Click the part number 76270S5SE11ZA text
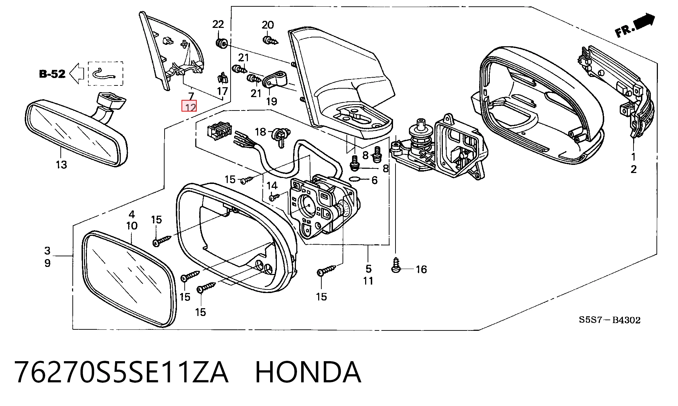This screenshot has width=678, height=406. (x=121, y=372)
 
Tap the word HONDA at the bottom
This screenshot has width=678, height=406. (x=308, y=372)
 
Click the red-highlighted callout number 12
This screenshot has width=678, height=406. (x=189, y=106)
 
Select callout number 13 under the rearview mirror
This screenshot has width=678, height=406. (x=61, y=165)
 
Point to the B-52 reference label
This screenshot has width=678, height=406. (x=52, y=74)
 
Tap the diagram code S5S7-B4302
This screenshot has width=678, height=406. (x=609, y=320)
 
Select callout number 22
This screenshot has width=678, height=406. (x=218, y=24)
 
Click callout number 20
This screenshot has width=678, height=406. (x=268, y=25)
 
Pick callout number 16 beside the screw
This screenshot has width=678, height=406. (x=421, y=270)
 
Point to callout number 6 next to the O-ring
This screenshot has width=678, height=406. (x=375, y=180)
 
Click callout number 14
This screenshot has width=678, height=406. (x=272, y=185)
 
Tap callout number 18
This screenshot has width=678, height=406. (x=260, y=132)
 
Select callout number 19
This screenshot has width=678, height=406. (x=271, y=102)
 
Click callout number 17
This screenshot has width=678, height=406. (x=222, y=91)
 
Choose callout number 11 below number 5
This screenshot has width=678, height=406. (x=368, y=281)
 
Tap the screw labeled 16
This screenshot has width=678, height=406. (x=396, y=265)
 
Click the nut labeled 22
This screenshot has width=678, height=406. (x=221, y=44)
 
